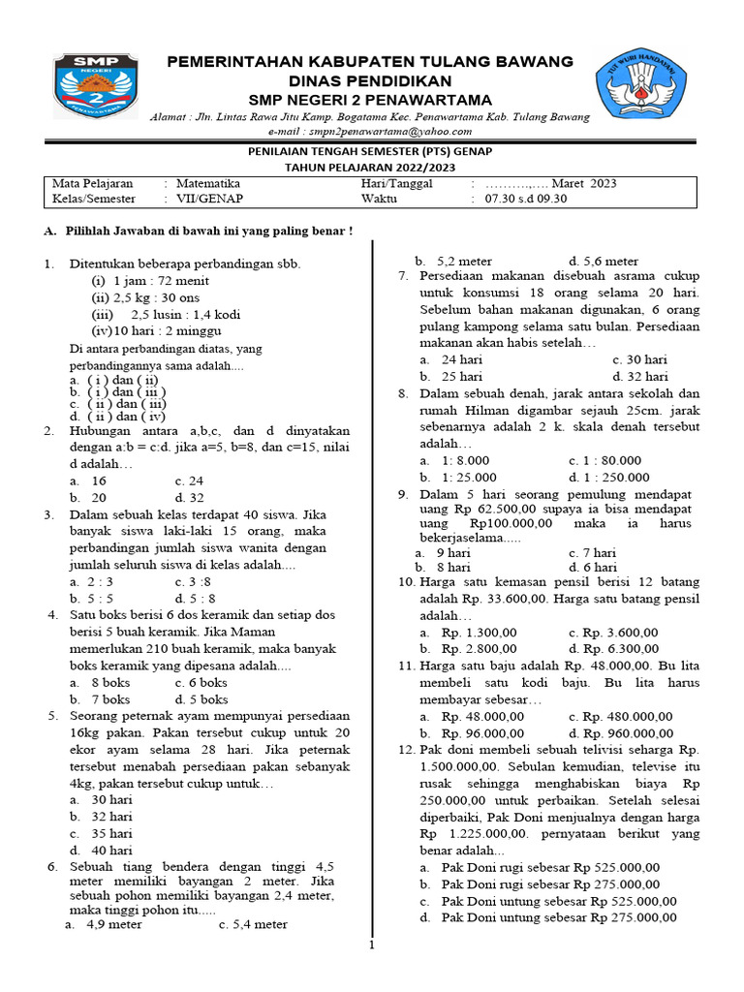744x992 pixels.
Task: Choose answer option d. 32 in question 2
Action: [189, 496]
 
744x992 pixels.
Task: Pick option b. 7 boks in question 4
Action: [99, 698]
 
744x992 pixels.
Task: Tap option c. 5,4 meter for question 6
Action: [253, 924]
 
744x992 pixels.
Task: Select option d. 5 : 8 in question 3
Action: [196, 598]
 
